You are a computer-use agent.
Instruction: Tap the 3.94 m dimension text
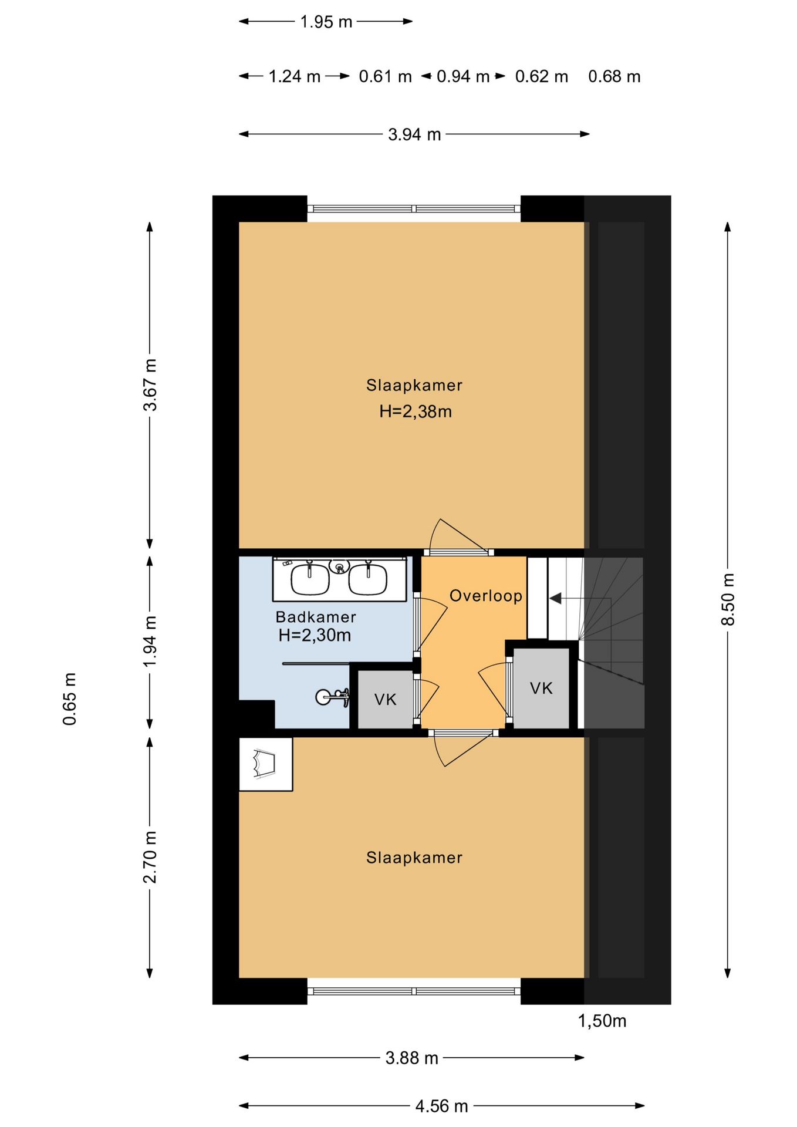tap(414, 134)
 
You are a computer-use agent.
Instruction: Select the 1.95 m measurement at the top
tap(326, 22)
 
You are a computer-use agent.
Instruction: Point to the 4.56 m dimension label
tap(441, 1106)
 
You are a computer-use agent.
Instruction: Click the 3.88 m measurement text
tap(412, 1058)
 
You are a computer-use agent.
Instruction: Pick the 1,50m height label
tap(602, 1021)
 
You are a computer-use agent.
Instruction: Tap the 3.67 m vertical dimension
tap(150, 384)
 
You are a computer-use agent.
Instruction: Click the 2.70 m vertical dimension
tap(150, 857)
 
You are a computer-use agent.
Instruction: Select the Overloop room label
tap(486, 596)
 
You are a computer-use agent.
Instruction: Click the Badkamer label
tap(316, 617)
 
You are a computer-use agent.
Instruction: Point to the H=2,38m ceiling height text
tap(416, 411)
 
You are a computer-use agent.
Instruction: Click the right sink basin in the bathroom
tap(368, 579)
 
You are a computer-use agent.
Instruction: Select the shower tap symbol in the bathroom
tap(332, 697)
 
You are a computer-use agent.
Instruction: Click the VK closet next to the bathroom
tap(385, 699)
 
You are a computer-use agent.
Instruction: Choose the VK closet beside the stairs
tap(541, 688)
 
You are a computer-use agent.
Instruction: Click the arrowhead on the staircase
tap(555, 598)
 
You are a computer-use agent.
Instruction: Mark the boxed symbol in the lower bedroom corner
tap(265, 764)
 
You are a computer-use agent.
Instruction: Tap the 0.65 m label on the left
tap(69, 699)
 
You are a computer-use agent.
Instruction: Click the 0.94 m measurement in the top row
tap(463, 76)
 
